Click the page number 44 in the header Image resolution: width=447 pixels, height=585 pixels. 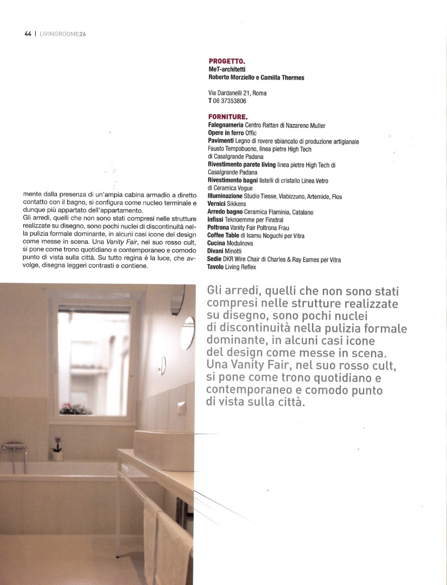pyautogui.click(x=28, y=33)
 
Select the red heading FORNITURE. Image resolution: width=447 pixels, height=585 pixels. pyautogui.click(x=228, y=116)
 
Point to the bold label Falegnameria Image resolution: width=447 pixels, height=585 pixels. pyautogui.click(x=226, y=125)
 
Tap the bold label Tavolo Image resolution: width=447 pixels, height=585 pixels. pyautogui.click(x=218, y=267)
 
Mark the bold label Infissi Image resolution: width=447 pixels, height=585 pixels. pyautogui.click(x=217, y=220)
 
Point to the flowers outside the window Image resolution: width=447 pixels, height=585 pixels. pyautogui.click(x=76, y=408)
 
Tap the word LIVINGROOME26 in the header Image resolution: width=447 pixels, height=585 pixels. pyautogui.click(x=63, y=33)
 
